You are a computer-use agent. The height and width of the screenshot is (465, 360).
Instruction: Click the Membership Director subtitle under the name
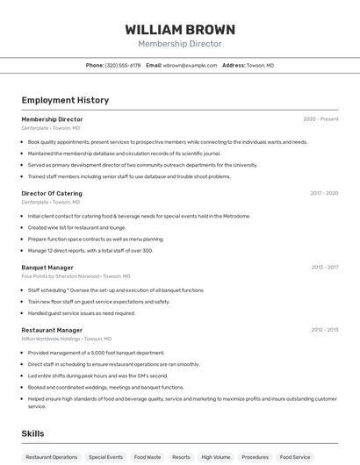pyautogui.click(x=180, y=43)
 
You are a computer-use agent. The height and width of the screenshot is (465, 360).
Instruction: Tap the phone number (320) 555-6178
pyautogui.click(x=123, y=65)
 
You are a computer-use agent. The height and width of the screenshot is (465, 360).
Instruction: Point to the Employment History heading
pyautogui.click(x=65, y=100)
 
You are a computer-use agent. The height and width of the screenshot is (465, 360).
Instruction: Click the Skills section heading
pyautogui.click(x=32, y=433)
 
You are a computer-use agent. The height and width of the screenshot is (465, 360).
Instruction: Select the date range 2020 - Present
pyautogui.click(x=320, y=119)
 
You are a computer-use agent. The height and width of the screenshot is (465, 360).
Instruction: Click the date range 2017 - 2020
pyautogui.click(x=324, y=193)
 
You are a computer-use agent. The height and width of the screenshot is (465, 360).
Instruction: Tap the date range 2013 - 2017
pyautogui.click(x=325, y=268)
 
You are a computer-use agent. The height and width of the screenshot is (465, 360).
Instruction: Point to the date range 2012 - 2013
pyautogui.click(x=325, y=331)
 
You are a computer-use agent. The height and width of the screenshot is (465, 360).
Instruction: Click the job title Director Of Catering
pyautogui.click(x=52, y=193)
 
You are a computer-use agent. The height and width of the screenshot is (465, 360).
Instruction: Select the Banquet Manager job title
pyautogui.click(x=47, y=268)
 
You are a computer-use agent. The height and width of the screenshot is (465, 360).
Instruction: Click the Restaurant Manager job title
pyautogui.click(x=52, y=331)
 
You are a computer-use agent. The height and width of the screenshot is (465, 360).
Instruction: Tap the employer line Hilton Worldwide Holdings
pyautogui.click(x=66, y=339)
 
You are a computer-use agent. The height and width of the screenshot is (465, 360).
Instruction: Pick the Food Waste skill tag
pyautogui.click(x=148, y=457)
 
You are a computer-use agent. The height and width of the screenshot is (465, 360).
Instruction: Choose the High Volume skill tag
pyautogui.click(x=215, y=457)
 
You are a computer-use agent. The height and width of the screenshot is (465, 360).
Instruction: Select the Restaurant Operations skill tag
pyautogui.click(x=52, y=457)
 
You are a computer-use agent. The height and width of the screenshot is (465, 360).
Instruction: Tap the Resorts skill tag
pyautogui.click(x=181, y=457)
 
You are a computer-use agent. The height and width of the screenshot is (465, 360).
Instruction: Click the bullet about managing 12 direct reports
pyautogui.click(x=90, y=250)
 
